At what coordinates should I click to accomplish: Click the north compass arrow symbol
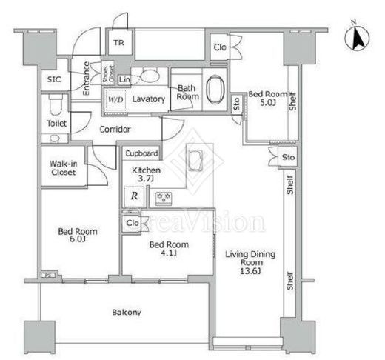[357, 38]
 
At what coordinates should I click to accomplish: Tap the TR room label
[119, 43]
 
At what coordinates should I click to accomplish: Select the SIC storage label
[54, 79]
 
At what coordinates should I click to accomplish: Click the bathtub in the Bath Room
[215, 90]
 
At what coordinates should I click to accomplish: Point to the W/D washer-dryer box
[115, 100]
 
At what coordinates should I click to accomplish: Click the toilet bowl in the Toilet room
[55, 104]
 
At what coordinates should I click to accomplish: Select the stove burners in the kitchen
[164, 198]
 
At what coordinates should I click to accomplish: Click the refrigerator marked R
[134, 196]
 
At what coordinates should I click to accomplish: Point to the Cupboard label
[141, 153]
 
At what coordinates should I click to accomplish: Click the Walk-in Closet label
[64, 167]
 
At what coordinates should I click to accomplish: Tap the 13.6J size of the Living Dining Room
[250, 271]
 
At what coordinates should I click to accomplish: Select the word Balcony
[127, 313]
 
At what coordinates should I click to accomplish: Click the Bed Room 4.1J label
[169, 248]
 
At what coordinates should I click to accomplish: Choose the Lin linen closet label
[124, 79]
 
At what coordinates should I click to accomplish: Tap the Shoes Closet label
[108, 74]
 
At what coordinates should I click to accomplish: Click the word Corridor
[115, 130]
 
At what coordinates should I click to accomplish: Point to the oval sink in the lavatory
[150, 76]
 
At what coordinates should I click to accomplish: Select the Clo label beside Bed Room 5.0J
[220, 47]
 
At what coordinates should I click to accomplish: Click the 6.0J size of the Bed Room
[78, 239]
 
